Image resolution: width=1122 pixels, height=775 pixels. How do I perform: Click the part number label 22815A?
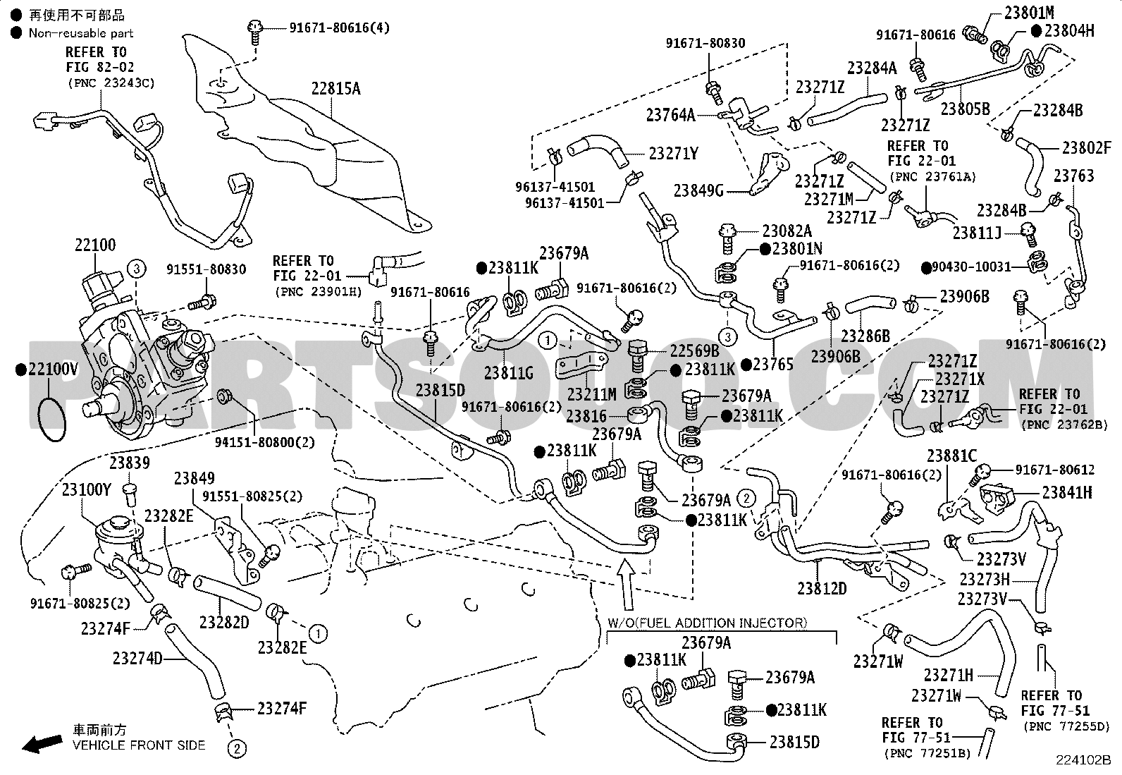click(x=335, y=89)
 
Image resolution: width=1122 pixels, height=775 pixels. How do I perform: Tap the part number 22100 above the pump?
click(x=95, y=245)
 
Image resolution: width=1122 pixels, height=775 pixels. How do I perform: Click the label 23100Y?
click(x=86, y=490)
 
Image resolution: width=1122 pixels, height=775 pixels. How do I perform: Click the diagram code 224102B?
click(x=1083, y=760)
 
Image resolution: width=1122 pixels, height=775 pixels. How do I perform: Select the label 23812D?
click(x=822, y=588)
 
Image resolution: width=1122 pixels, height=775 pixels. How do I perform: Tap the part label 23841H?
click(x=1067, y=493)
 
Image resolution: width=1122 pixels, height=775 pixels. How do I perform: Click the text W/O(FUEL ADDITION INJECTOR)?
click(x=708, y=623)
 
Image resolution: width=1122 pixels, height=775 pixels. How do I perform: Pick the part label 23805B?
click(x=966, y=109)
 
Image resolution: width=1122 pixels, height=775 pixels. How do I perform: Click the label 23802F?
click(x=1087, y=148)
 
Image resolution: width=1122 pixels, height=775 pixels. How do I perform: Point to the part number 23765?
click(x=773, y=365)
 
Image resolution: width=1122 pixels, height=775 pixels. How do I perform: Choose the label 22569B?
click(x=695, y=351)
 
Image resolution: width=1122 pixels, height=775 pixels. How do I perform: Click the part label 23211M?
click(x=591, y=394)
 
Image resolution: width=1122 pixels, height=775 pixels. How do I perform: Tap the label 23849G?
click(x=698, y=190)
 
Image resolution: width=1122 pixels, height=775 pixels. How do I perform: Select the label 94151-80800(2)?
click(x=264, y=442)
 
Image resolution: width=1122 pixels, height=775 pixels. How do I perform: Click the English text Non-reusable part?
click(x=81, y=33)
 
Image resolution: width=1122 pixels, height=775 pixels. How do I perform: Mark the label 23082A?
click(x=787, y=231)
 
